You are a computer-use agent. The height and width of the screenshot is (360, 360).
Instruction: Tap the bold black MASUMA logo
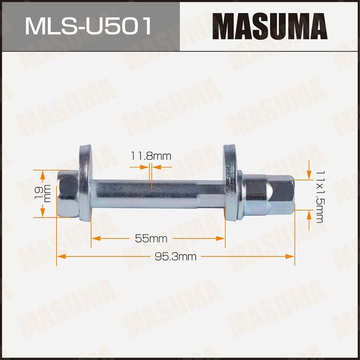(271, 26)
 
